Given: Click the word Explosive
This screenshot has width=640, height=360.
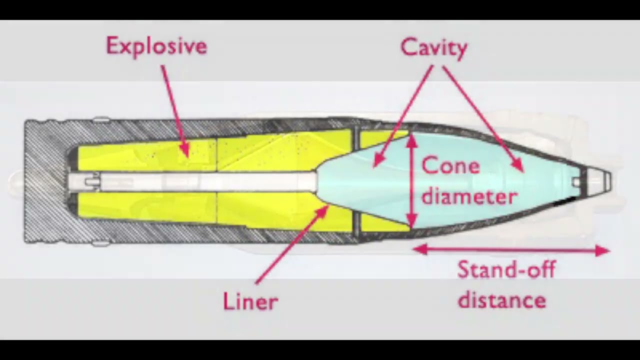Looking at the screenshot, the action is [x=156, y=46].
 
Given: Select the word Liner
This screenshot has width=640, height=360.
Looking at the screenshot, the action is [x=250, y=301].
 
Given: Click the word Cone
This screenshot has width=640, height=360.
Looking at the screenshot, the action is [x=450, y=165].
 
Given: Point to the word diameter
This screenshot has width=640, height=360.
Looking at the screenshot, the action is [x=469, y=196].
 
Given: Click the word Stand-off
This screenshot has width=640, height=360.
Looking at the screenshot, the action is [x=506, y=269].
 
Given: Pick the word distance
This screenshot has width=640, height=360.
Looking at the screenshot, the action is [x=502, y=299].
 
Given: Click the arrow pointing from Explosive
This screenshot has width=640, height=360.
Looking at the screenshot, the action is [x=175, y=111].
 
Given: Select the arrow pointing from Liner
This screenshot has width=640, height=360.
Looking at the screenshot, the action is [x=291, y=244].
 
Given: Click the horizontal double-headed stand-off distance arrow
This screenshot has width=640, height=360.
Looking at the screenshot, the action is [x=511, y=250].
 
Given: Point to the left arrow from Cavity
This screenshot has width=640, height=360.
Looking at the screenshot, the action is [x=403, y=116].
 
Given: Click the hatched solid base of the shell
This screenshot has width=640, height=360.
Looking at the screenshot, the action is [x=45, y=181].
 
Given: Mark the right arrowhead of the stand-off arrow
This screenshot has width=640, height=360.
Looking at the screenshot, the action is [x=603, y=251].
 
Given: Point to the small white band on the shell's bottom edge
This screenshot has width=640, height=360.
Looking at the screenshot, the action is [x=101, y=243].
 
